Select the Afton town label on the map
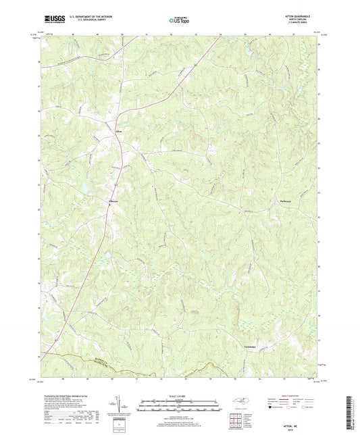tap(120, 131)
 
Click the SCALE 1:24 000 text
tap(180, 395)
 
